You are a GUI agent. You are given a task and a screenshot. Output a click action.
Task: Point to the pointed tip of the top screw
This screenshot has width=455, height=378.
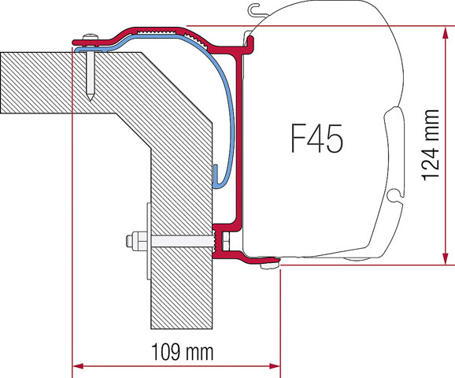[x=93, y=98]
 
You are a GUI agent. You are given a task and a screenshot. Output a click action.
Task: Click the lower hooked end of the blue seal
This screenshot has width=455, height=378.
[x=214, y=176]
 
